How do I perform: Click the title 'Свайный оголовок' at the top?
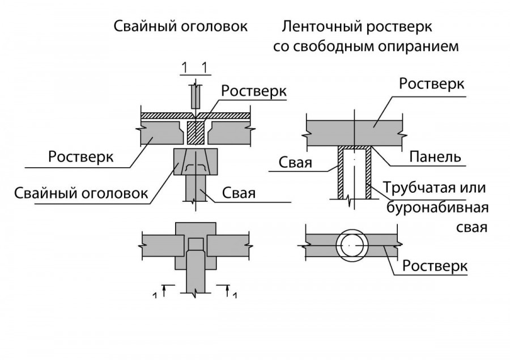click(x=181, y=27)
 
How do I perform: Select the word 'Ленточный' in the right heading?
click(x=314, y=27)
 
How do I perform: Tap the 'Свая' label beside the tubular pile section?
click(x=296, y=163)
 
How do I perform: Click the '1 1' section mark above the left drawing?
click(x=194, y=69)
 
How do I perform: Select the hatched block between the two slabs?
click(x=195, y=132)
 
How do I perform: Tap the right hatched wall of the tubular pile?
click(x=368, y=173)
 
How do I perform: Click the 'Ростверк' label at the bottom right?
click(x=434, y=265)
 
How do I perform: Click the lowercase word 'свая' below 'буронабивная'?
click(x=472, y=227)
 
